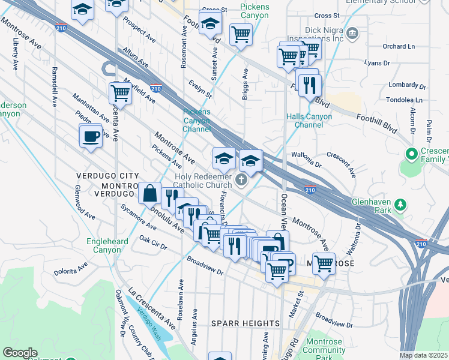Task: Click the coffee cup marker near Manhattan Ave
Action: [x=91, y=136]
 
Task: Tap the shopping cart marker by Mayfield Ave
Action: [x=120, y=94]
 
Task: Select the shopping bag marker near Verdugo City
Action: [x=149, y=193]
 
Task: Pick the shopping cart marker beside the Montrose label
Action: [x=324, y=263]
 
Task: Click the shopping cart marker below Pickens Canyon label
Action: [x=241, y=35]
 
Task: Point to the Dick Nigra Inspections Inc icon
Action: [x=352, y=31]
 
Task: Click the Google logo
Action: [x=20, y=353]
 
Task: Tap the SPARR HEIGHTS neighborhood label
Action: [x=246, y=323]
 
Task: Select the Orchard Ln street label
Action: [x=399, y=46]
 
